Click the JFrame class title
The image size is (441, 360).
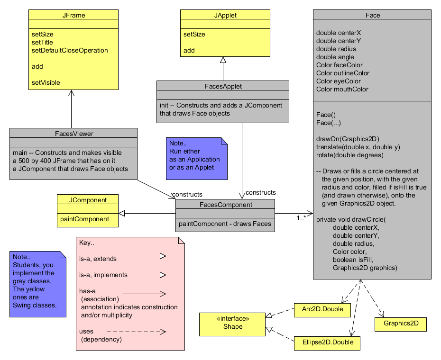[73, 15]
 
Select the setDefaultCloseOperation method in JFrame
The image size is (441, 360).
[70, 50]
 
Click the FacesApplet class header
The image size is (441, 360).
[223, 86]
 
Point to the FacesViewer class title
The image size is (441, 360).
[73, 134]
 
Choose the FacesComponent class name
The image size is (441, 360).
[225, 205]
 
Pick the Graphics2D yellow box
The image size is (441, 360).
[400, 324]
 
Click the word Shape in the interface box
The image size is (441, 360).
[233, 326]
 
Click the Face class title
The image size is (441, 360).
[373, 15]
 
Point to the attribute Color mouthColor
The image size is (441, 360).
[342, 89]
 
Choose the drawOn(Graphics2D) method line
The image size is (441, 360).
[348, 139]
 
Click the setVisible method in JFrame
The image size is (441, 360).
[46, 82]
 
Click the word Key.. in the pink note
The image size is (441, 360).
[87, 243]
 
